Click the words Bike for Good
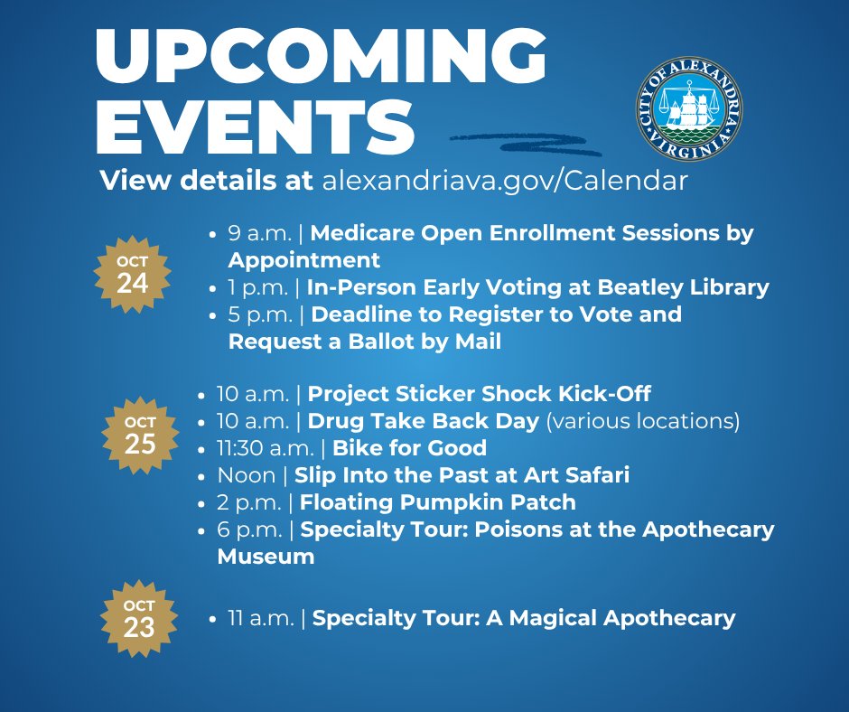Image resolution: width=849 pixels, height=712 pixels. [410, 447]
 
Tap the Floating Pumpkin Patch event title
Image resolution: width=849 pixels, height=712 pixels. [438, 501]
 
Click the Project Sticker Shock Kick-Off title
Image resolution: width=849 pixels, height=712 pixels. [480, 394]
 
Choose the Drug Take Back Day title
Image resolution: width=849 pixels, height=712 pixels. [424, 421]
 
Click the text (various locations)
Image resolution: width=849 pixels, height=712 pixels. [644, 421]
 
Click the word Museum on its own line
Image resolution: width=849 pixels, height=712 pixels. [266, 557]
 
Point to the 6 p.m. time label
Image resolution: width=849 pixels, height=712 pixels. [250, 529]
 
